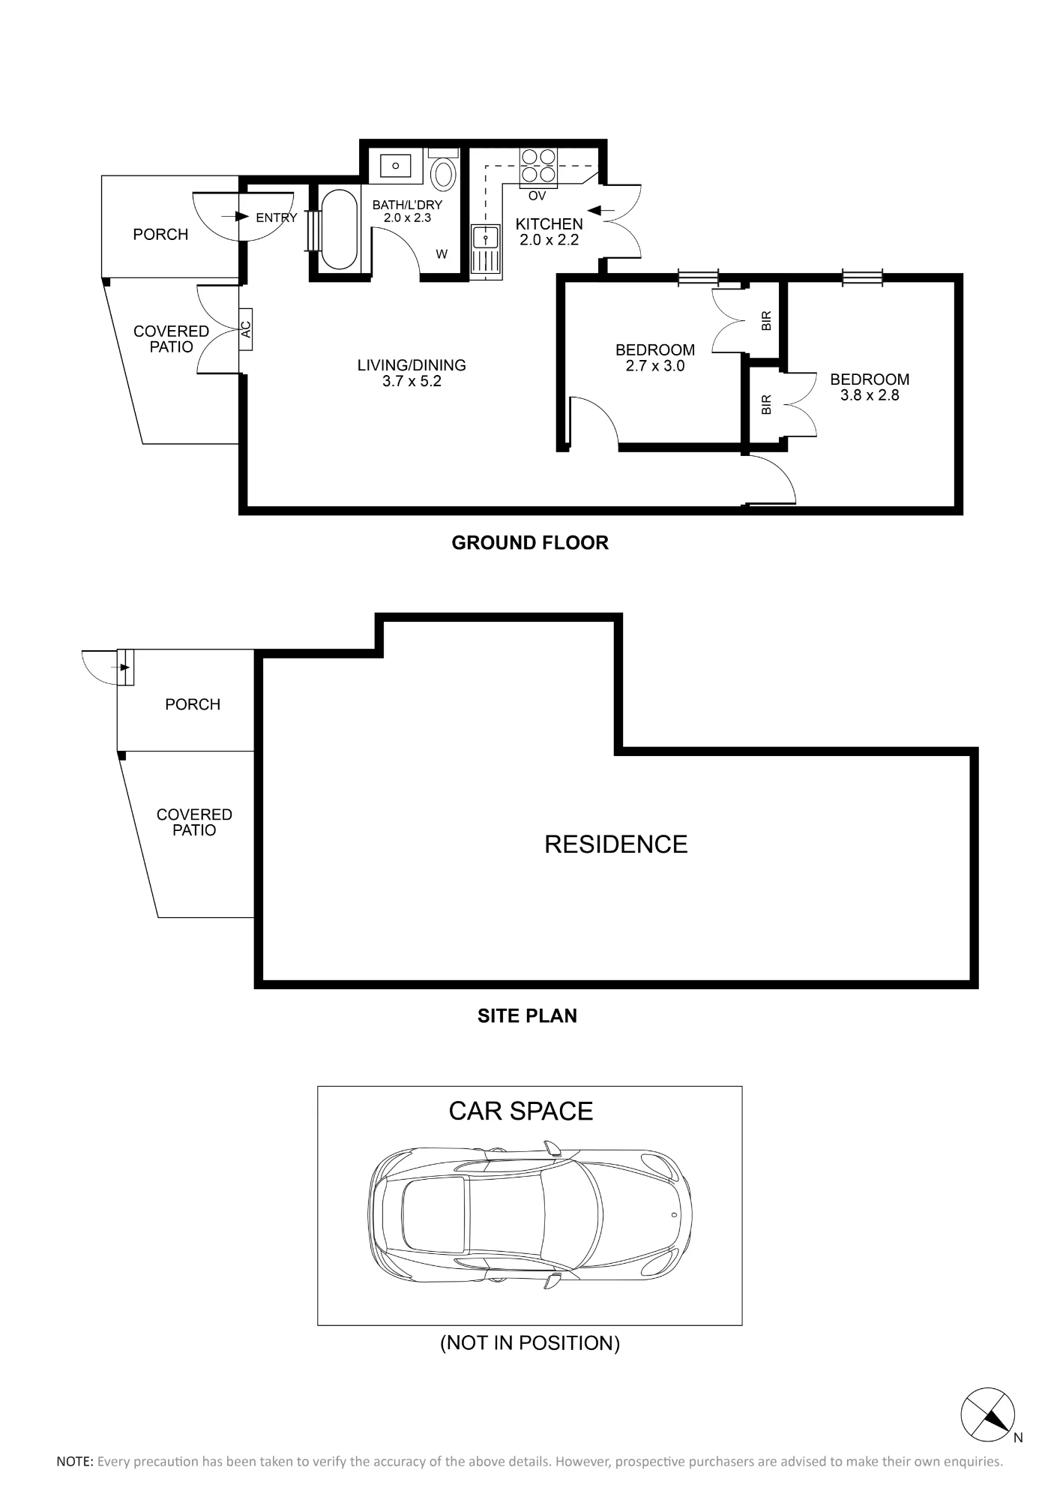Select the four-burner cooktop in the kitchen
(x=539, y=166)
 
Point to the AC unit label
(x=246, y=328)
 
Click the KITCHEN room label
(x=549, y=224)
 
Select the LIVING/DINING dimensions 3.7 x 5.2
(x=412, y=382)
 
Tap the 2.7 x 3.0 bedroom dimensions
(x=655, y=366)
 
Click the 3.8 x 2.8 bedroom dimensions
(x=870, y=395)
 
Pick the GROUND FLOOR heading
(x=530, y=543)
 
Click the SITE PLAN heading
(x=528, y=1016)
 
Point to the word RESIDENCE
(x=616, y=844)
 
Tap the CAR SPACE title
(x=521, y=1111)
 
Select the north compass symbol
(x=988, y=1414)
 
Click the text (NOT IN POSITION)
(x=530, y=1342)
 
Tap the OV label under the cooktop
(x=537, y=196)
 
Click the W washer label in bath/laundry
(x=442, y=255)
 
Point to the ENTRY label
(x=277, y=218)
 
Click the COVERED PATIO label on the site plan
(x=194, y=822)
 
